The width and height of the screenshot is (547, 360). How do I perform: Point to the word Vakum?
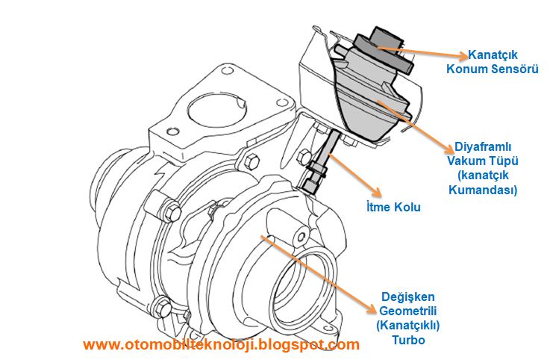click(x=466, y=161)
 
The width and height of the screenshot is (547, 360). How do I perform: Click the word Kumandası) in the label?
click(x=482, y=190)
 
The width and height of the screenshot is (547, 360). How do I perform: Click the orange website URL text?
click(x=221, y=344)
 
